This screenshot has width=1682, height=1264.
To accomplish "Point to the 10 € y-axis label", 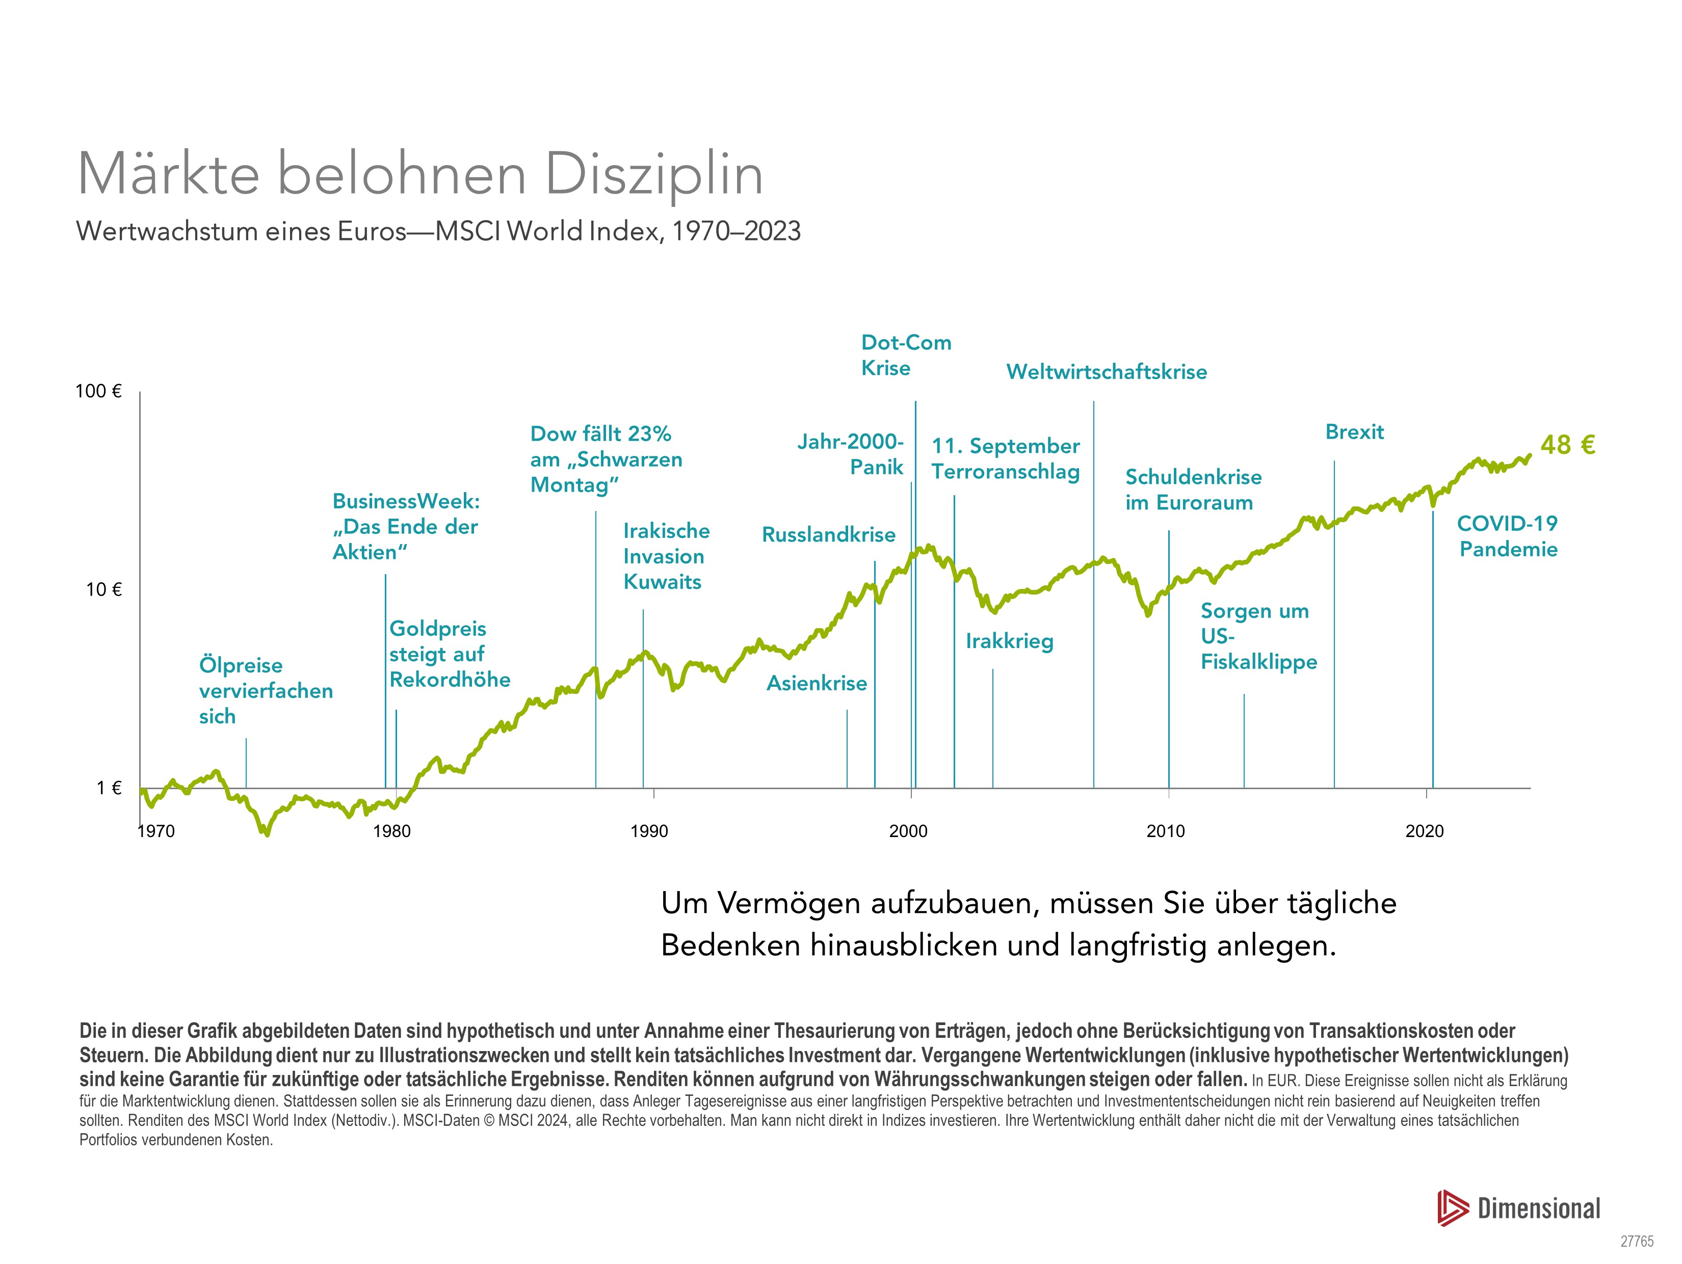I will click(103, 590).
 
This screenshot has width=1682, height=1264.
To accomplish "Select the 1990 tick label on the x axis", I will click(649, 831).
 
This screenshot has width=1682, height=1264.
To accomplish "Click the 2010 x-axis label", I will click(1166, 831).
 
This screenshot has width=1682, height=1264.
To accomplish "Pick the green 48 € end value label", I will click(1567, 445).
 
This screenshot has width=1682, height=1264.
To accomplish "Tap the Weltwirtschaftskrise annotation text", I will click(1107, 372).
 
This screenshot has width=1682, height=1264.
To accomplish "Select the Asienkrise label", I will click(817, 683).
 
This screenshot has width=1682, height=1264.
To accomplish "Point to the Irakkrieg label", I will click(1010, 641).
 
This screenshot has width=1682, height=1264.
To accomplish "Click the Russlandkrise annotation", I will click(829, 535).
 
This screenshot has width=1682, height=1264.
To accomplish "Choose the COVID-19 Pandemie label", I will click(1508, 536).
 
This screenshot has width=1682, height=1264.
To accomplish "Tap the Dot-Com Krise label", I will click(906, 355).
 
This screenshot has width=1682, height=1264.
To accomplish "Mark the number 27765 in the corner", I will click(1636, 1241).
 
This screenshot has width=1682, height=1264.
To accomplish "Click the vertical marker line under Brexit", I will click(1334, 623).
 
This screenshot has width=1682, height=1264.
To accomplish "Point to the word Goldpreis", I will click(438, 629).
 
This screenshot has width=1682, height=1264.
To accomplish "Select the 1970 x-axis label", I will click(156, 831).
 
